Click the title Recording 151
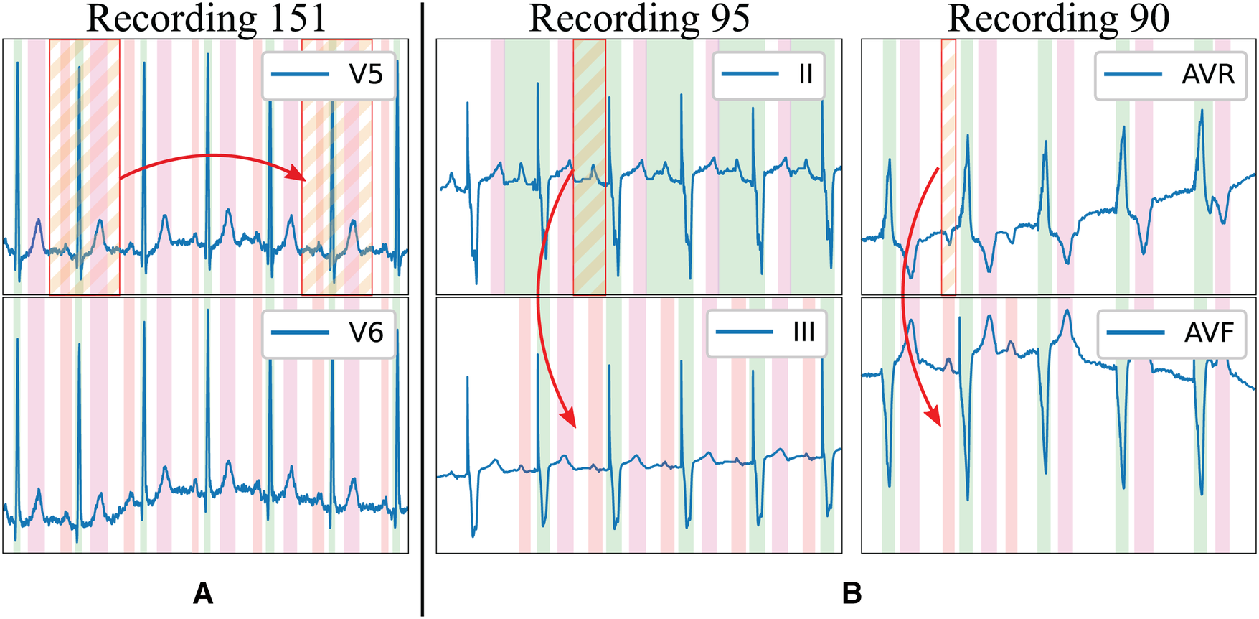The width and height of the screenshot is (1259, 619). pyautogui.click(x=207, y=19)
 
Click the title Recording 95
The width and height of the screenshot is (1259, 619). pyautogui.click(x=638, y=19)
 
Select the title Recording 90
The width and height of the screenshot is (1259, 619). pyautogui.click(x=1058, y=19)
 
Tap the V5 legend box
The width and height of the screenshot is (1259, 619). pyautogui.click(x=329, y=75)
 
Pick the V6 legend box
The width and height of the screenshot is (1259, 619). pyautogui.click(x=329, y=333)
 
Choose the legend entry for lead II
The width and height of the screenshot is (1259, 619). pyautogui.click(x=768, y=75)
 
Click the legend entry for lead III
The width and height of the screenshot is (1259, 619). pyautogui.click(x=766, y=332)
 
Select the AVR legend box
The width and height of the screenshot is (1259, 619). pyautogui.click(x=1169, y=75)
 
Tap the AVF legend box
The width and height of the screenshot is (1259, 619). pyautogui.click(x=1171, y=332)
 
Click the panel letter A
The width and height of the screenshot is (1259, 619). pyautogui.click(x=203, y=594)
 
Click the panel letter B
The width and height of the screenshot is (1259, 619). pyautogui.click(x=852, y=594)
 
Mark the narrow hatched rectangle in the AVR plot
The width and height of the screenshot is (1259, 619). pyautogui.click(x=948, y=167)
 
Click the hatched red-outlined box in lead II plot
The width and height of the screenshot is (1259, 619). pyautogui.click(x=589, y=167)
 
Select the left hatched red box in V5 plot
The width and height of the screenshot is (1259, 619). pyautogui.click(x=84, y=167)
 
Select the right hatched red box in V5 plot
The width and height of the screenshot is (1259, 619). pyautogui.click(x=336, y=167)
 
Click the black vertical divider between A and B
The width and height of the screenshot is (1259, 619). pyautogui.click(x=423, y=309)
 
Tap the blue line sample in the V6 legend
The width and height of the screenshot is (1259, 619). pyautogui.click(x=299, y=332)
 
